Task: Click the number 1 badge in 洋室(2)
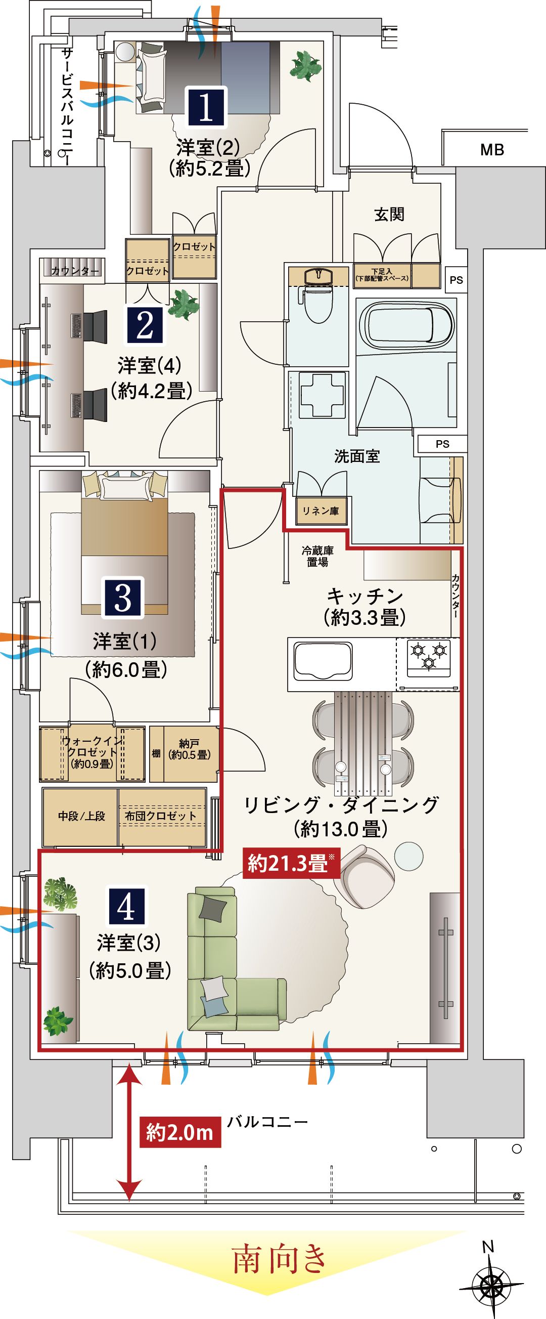206,107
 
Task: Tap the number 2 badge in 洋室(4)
145,325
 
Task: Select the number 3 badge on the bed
123,597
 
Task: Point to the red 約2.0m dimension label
179,1132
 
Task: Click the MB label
492,150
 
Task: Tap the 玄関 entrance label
389,215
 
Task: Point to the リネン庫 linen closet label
321,511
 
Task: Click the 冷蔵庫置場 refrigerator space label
317,557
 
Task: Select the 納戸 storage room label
190,749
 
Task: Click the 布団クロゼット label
160,816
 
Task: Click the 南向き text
280,1261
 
